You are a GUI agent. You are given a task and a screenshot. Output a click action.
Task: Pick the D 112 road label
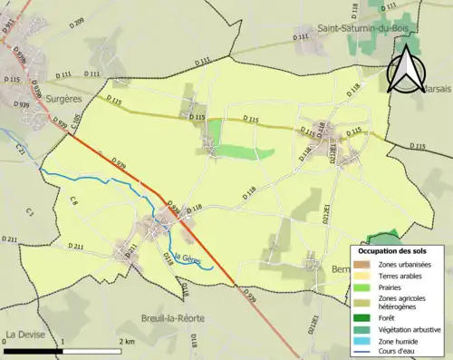pos(202,61)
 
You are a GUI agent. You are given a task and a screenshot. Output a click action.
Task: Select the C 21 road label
pos(20,150)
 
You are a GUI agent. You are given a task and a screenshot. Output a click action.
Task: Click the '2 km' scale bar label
pos(126,341)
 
